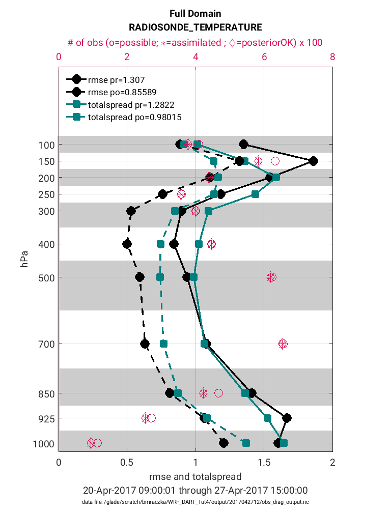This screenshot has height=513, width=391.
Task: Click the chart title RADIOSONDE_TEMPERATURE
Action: [x=195, y=27]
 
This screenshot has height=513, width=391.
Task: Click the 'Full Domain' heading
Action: [x=195, y=14]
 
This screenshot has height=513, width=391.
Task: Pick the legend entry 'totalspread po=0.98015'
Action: [x=134, y=117]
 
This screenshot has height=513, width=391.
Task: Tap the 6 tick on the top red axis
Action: [x=264, y=57]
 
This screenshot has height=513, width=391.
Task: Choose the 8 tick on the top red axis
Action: [x=332, y=57]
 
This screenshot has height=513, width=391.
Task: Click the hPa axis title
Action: [x=23, y=258]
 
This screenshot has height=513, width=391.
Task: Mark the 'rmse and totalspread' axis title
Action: [x=195, y=477]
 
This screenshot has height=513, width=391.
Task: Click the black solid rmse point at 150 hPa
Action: [x=313, y=161]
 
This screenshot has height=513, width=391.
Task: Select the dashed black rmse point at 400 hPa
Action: [x=127, y=244]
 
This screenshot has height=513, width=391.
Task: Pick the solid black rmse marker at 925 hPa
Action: [x=287, y=418]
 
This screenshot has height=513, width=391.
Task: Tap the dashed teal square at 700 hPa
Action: [x=163, y=344]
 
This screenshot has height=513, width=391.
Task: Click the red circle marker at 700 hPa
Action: [x=283, y=344]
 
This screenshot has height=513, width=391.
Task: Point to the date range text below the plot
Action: [x=195, y=491]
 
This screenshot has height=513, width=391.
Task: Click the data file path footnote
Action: [x=195, y=502]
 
